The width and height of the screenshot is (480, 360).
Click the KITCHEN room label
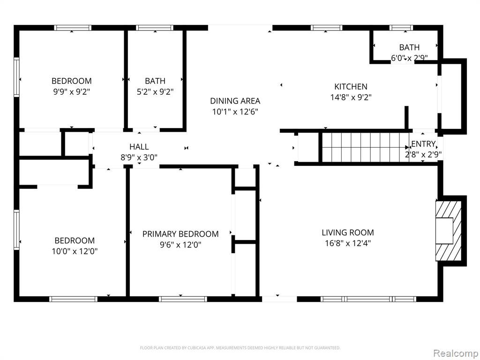pos(351,86)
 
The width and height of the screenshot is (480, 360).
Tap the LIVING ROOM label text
pos(347,232)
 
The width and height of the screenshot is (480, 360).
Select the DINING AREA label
pos(235,101)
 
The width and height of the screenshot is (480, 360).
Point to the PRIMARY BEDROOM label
pos(180,234)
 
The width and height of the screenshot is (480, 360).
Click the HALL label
pos(139,147)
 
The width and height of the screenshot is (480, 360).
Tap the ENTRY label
pos(423,144)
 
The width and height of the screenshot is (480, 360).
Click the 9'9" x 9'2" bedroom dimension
pos(72,92)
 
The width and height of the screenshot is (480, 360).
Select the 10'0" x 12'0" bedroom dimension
pos(75,251)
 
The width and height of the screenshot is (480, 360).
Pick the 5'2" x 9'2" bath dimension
pos(155,92)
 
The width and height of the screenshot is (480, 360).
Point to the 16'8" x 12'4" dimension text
pos(348,243)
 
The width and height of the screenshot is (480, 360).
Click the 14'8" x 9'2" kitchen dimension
pos(351,97)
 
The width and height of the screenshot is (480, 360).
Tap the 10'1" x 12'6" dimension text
pos(235,112)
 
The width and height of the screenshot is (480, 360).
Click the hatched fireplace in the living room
pos(449,231)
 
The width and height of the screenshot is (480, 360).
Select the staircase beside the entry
pos(366,148)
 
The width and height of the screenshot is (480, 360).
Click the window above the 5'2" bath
pos(155,28)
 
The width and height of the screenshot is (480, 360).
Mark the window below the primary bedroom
pos(183,299)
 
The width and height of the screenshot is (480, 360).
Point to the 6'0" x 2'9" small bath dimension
pos(409,58)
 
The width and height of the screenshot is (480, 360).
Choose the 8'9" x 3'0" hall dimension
pos(139,157)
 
